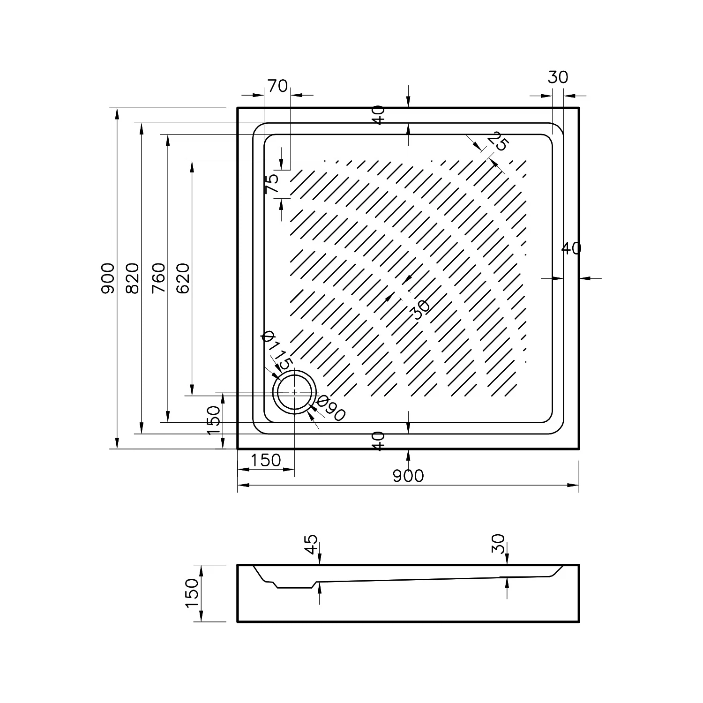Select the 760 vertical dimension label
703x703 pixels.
click(159, 278)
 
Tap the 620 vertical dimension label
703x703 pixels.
click(183, 278)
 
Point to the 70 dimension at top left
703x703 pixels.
click(277, 86)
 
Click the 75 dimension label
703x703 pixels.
click(272, 183)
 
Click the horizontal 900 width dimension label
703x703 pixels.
click(408, 476)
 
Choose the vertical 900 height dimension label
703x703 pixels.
click(108, 278)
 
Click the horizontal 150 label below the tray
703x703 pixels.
click(265, 461)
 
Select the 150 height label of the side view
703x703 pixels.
click(193, 593)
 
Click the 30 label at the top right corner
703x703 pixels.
click(558, 77)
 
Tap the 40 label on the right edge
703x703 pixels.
click(571, 249)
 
